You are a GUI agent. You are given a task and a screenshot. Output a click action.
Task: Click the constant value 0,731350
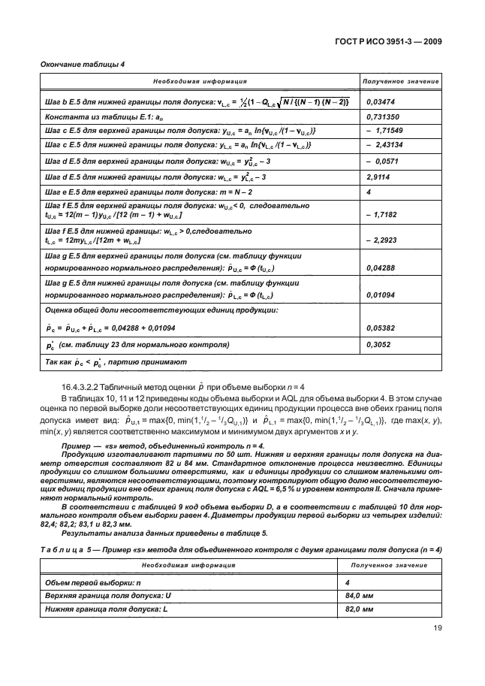point(384,116)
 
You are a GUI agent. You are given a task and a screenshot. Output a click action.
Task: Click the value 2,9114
point(379,177)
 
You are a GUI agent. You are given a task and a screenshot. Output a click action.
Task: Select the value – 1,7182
point(381,214)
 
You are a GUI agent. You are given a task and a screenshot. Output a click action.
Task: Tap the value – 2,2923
point(381,240)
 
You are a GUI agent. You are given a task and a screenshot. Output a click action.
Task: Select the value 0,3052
point(378,345)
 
